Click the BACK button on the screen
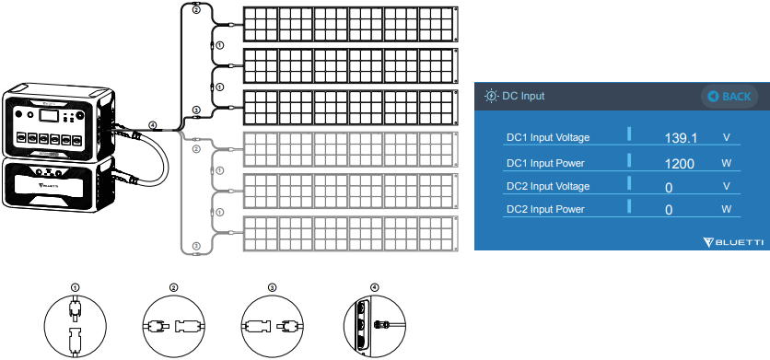(729, 96)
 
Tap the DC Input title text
(523, 96)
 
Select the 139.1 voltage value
(681, 138)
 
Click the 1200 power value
(681, 163)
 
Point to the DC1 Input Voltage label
(548, 138)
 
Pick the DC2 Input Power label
(545, 210)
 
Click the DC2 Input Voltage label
(548, 187)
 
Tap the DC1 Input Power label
(545, 163)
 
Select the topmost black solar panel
(350, 23)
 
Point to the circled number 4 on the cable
(153, 124)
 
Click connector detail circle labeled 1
(76, 326)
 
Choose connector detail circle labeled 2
(174, 326)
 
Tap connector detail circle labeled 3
(272, 326)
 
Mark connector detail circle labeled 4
(372, 326)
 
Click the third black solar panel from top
(350, 108)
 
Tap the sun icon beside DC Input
(491, 96)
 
